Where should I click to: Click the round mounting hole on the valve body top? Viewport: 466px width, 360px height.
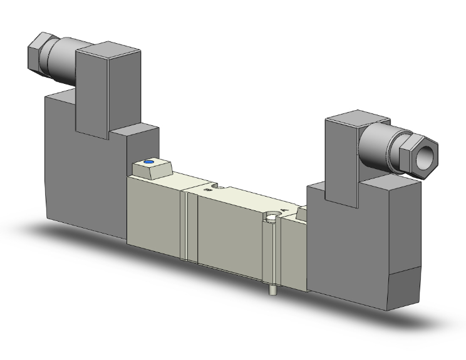[270, 218]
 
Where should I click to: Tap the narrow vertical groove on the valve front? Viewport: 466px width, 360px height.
[185, 225]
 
